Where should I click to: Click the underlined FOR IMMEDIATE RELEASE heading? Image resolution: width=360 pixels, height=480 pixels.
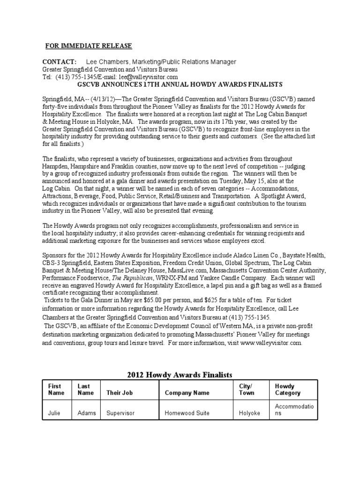pyautogui.click(x=89, y=45)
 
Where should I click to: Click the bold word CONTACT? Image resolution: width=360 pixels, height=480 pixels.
pyautogui.click(x=59, y=62)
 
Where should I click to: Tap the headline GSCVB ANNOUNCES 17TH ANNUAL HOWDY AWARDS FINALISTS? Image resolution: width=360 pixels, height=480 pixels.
pyautogui.click(x=180, y=84)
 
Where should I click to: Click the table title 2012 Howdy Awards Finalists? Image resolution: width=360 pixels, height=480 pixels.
pyautogui.click(x=180, y=375)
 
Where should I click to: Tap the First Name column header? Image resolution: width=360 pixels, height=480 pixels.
pyautogui.click(x=55, y=389)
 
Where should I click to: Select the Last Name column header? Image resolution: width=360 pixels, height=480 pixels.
pyautogui.click(x=85, y=389)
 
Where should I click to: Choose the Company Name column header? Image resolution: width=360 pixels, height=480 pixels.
pyautogui.click(x=187, y=393)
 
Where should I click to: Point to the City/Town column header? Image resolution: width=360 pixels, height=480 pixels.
pyautogui.click(x=247, y=389)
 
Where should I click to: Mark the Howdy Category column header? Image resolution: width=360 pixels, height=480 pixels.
pyautogui.click(x=288, y=389)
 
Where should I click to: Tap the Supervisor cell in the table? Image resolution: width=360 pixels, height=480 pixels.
pyautogui.click(x=121, y=413)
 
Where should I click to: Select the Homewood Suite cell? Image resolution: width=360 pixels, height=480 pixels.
pyautogui.click(x=187, y=413)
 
